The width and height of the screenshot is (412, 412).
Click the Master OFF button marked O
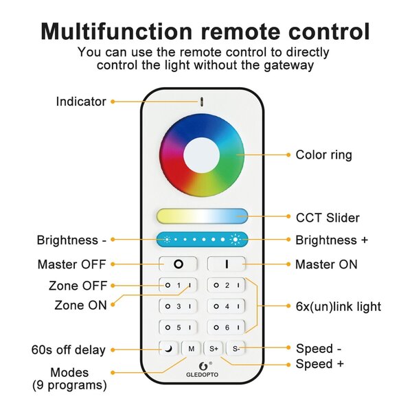click(x=178, y=264)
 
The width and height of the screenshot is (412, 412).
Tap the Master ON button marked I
click(x=226, y=264)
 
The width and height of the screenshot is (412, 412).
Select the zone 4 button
click(x=226, y=306)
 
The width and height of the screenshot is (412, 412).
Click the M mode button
click(x=191, y=349)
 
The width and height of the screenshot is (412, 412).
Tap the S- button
click(x=236, y=349)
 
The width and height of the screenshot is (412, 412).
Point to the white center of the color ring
click(x=201, y=155)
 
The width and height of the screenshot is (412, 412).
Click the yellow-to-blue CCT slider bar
click(x=201, y=216)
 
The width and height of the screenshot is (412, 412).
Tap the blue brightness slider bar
click(x=201, y=240)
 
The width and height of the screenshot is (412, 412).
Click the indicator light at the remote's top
click(x=201, y=101)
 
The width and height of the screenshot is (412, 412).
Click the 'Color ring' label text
click(x=323, y=154)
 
